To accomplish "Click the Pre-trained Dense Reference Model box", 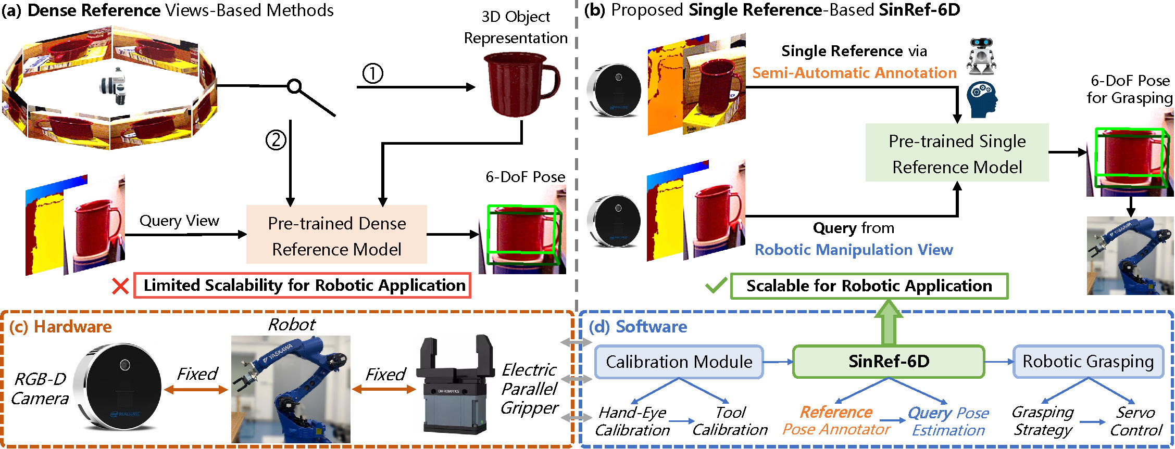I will [336, 235].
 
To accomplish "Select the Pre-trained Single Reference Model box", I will [957, 153].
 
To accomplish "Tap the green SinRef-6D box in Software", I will [889, 362].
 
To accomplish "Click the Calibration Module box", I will [679, 362].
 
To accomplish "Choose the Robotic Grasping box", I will [1088, 362].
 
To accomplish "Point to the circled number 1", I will [373, 73].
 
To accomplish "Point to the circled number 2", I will [276, 139].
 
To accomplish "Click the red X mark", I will [120, 286].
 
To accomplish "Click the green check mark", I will [716, 286].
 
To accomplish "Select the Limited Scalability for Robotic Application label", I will [303, 286].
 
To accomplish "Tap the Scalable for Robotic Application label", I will [869, 286].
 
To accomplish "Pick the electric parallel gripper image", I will [455, 385].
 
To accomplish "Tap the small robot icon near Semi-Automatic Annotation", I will [981, 55].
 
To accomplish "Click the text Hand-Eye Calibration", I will [632, 421].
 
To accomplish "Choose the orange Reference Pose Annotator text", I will [836, 421].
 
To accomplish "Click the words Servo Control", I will [1136, 421].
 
